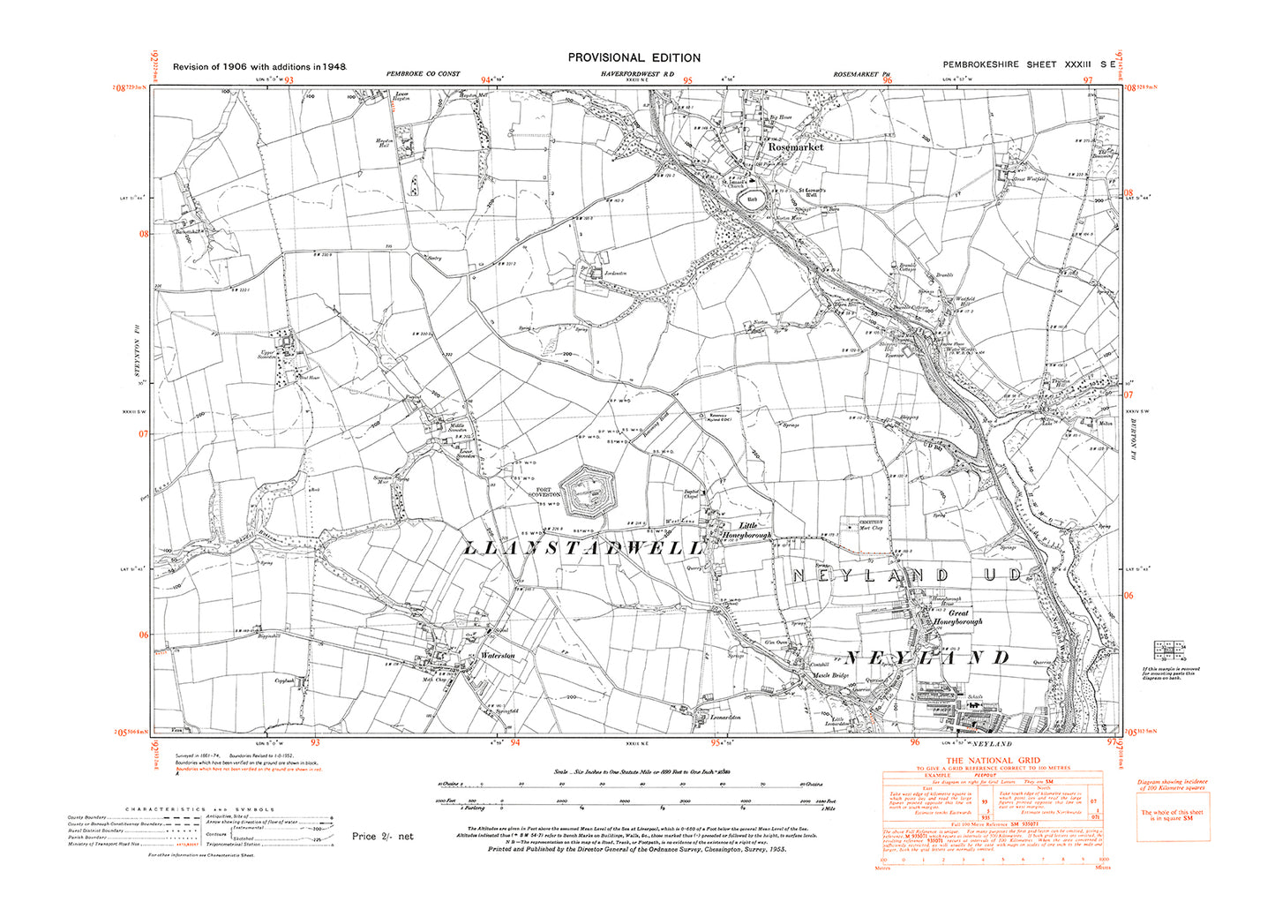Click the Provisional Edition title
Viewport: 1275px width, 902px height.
pos(634,57)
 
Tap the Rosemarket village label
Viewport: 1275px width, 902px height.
pos(795,147)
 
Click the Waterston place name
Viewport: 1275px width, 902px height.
pos(497,656)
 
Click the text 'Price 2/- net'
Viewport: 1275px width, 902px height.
pos(382,836)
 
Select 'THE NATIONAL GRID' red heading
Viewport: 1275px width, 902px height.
pos(993,760)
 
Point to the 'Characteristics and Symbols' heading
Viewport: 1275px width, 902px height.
pos(199,808)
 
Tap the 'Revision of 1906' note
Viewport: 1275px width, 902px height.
pos(259,66)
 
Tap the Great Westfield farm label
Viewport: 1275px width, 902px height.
pos(1029,179)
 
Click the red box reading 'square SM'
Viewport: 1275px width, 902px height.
pos(1173,815)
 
